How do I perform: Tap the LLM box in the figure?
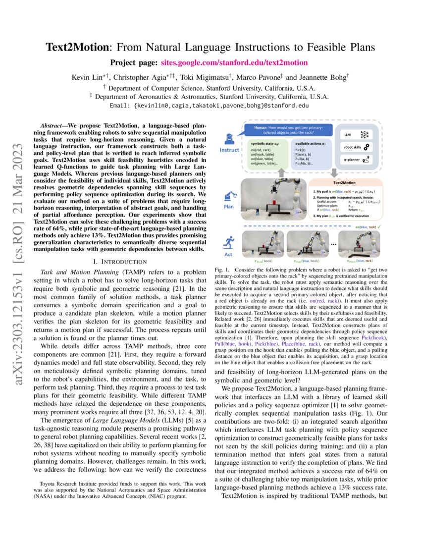pos(354,134)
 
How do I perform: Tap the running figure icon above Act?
pos(229,242)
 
